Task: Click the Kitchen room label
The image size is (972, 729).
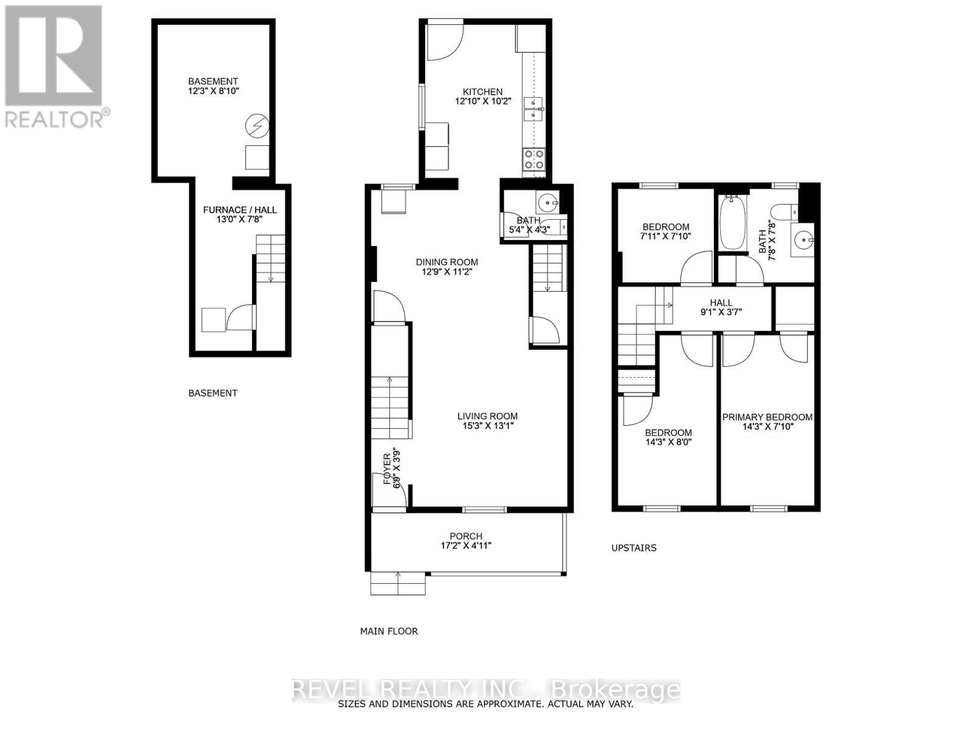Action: (482, 92)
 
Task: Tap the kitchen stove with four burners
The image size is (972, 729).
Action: (534, 159)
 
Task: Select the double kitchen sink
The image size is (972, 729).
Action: (533, 108)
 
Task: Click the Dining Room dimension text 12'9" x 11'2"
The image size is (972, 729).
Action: (447, 272)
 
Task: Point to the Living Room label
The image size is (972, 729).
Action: (487, 416)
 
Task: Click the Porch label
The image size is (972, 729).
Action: (466, 536)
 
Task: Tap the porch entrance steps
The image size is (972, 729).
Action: (398, 584)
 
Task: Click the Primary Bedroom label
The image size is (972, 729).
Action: (767, 417)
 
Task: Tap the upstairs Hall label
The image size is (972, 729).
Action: (721, 303)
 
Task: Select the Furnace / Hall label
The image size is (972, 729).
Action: (239, 210)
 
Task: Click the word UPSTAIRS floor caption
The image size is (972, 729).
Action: (634, 547)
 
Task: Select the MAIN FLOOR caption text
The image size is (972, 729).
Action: (389, 631)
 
